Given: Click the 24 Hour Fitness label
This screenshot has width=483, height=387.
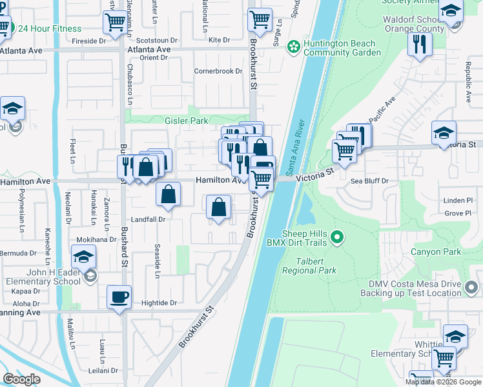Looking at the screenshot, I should click(49, 28).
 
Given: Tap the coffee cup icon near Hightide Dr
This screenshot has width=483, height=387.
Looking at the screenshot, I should click(119, 297).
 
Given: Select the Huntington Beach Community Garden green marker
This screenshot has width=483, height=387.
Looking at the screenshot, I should click(294, 46).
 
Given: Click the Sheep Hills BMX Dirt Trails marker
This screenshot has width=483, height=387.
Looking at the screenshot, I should click(336, 239).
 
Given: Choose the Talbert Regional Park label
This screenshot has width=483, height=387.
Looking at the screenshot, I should click(309, 266).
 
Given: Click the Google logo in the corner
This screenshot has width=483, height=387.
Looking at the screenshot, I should click(22, 379).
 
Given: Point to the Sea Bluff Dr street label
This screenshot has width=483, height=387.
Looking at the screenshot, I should click(369, 182).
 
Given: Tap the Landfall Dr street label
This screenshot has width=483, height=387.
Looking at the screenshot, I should click(149, 219).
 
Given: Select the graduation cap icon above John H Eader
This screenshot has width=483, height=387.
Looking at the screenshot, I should click(83, 257).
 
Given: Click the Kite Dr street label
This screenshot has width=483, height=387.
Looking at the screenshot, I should click(219, 40).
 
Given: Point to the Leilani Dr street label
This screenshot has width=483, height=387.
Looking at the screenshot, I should click(105, 370).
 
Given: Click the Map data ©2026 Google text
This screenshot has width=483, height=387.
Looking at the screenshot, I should click(443, 382).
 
